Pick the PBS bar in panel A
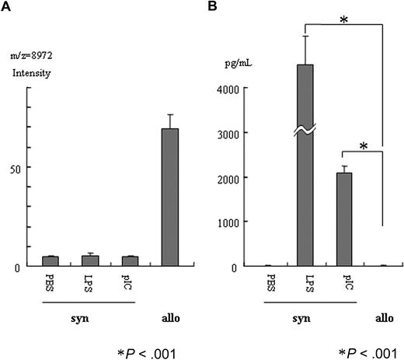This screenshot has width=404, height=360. pos(50,261)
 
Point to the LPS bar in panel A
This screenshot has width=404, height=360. pos(90,260)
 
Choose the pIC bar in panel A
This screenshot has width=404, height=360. pos(130,261)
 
